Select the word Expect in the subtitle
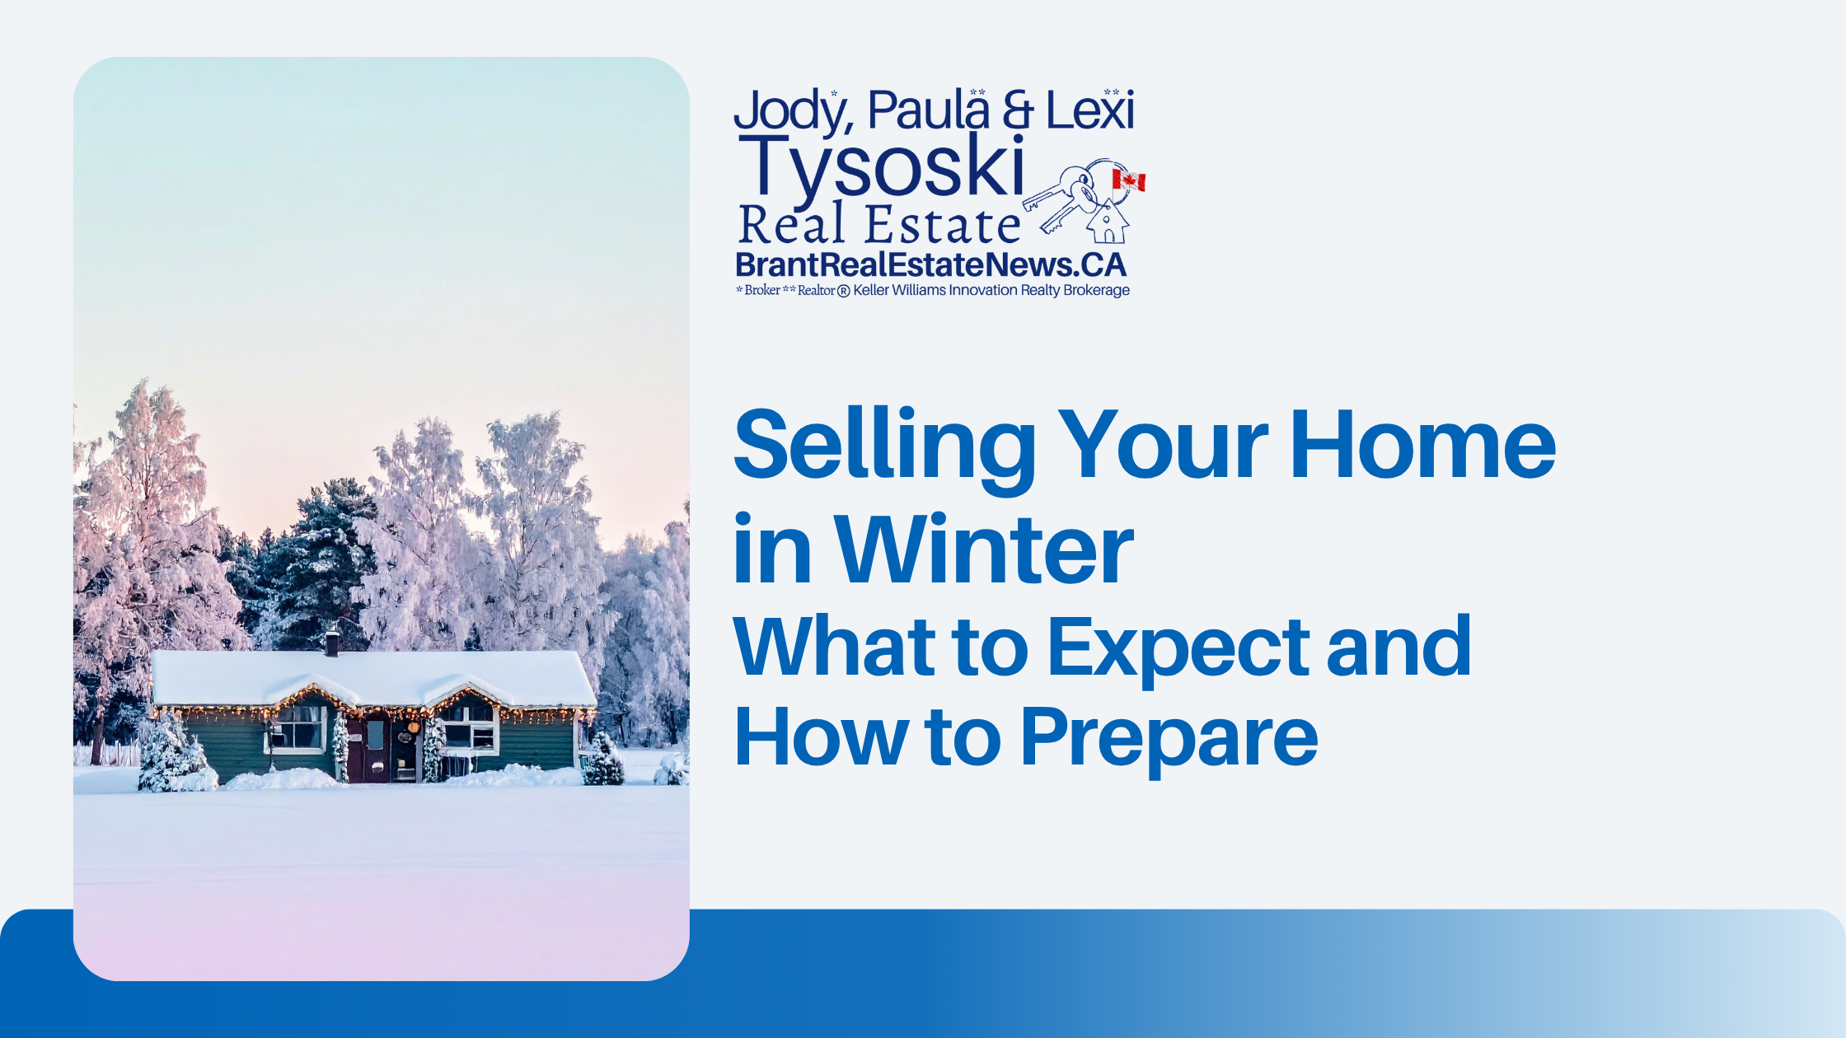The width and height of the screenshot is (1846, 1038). [1178, 649]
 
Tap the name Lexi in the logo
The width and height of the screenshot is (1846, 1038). [1089, 110]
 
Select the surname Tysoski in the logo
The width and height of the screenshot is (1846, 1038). [882, 166]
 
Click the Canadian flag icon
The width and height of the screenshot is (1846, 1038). [1128, 180]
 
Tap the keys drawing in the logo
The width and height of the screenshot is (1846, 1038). [1062, 198]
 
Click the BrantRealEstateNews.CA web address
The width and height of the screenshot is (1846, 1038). [930, 265]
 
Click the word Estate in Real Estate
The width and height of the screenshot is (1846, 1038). [942, 225]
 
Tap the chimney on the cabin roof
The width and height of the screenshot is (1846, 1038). [332, 643]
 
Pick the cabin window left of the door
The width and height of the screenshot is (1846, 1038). [298, 728]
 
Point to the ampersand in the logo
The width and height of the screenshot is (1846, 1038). [1018, 110]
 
